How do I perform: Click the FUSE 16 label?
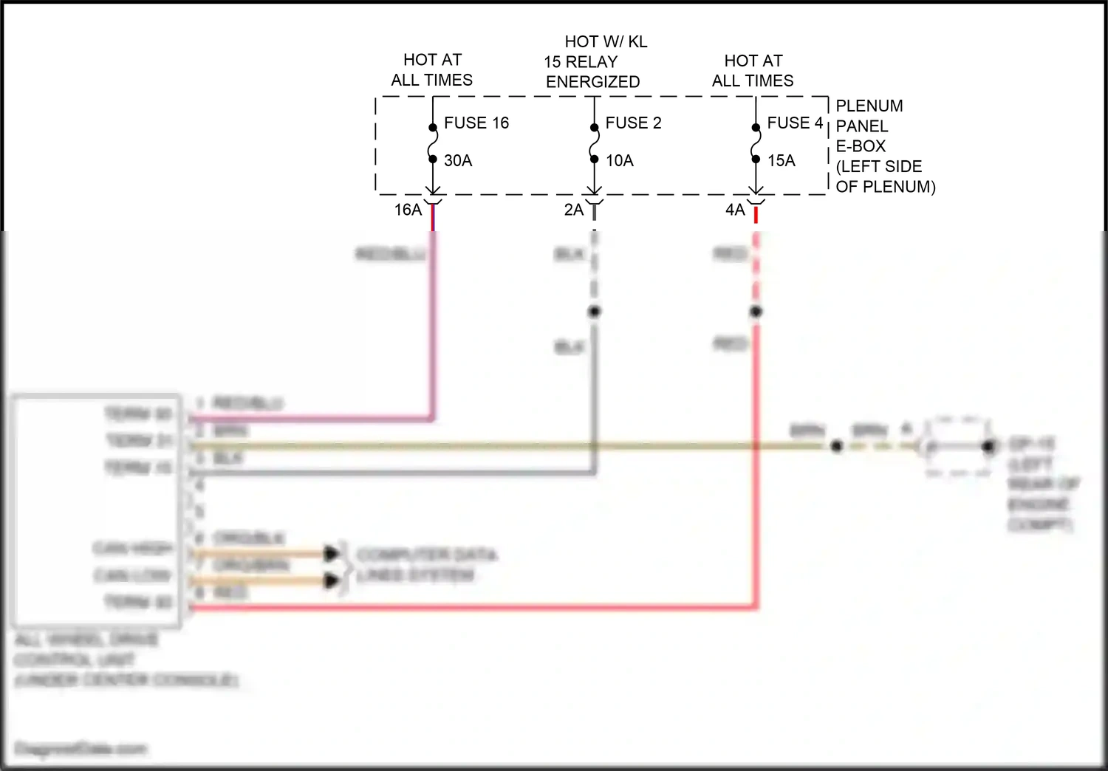476,123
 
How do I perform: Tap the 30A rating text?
458,160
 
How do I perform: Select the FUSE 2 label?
633,123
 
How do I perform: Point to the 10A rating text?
620,160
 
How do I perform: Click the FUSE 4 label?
795,123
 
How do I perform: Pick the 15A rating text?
781,160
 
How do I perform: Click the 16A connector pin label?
408,210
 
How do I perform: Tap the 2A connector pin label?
574,210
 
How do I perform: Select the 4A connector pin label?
735,210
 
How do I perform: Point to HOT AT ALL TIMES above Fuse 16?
432,70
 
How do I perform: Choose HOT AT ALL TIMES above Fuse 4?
753,71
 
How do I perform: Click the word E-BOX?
861,146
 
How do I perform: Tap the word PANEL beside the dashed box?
862,126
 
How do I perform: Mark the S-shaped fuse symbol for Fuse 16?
433,143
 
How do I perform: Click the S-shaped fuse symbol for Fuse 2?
594,143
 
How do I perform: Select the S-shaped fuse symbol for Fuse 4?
756,143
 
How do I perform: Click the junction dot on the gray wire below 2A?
595,312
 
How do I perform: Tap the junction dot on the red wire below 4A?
756,312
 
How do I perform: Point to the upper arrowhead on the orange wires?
332,553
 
